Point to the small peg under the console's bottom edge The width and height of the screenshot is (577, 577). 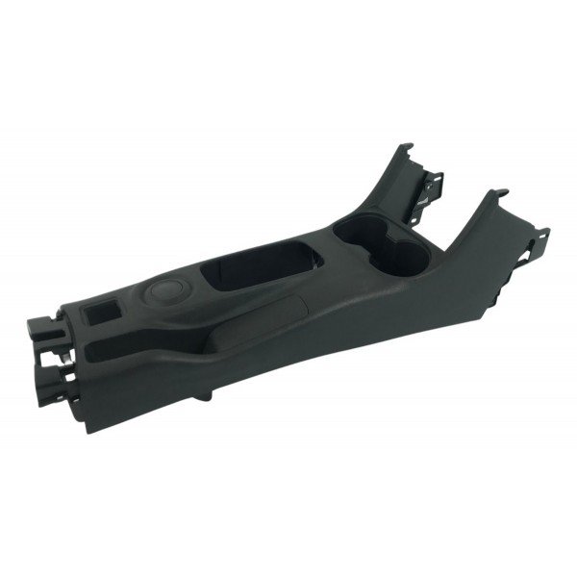pos(206,395)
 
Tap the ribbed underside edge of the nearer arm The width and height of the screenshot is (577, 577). pos(510,288)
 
